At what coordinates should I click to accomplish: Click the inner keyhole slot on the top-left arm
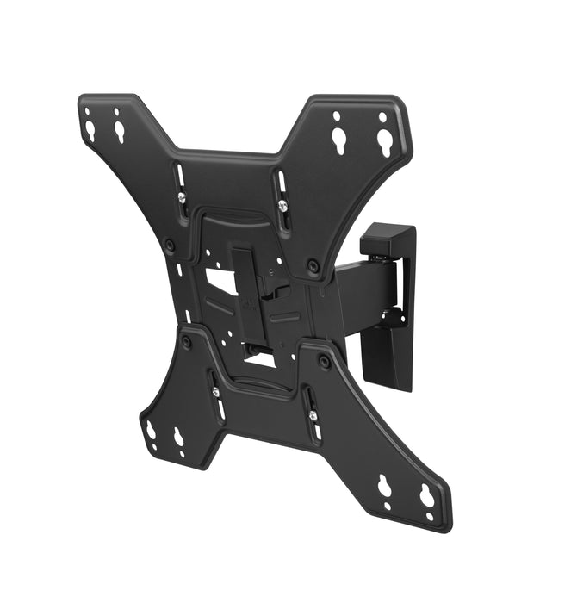tap(119, 130)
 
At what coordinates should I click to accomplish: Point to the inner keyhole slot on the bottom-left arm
tap(179, 438)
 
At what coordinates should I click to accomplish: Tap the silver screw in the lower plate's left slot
tap(214, 392)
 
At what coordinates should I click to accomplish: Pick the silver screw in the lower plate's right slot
tap(312, 416)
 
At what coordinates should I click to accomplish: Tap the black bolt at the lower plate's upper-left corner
tap(186, 343)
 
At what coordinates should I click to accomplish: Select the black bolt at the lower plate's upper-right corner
tap(324, 362)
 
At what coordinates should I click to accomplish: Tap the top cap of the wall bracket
tap(392, 237)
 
